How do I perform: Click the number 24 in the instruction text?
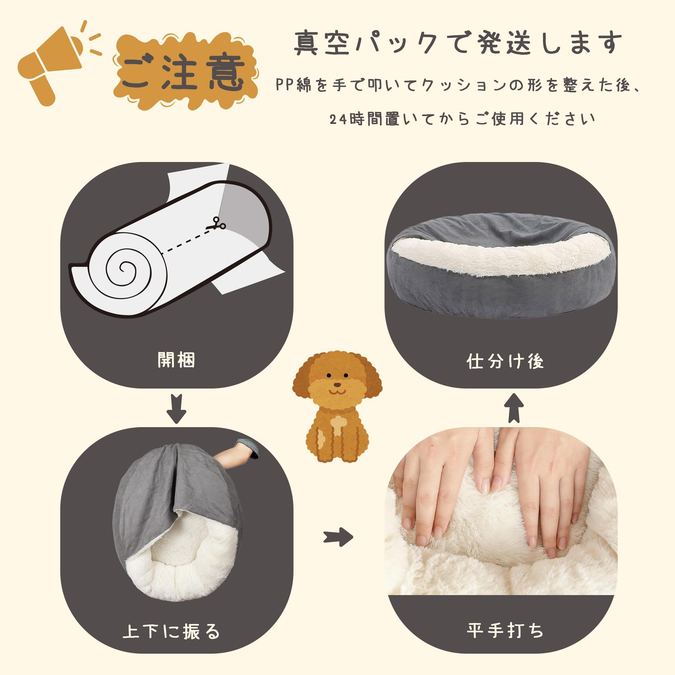tap(339, 120)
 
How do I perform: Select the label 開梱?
tap(176, 360)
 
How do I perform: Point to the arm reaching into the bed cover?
tap(241, 454)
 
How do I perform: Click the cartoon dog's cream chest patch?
tap(337, 424)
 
